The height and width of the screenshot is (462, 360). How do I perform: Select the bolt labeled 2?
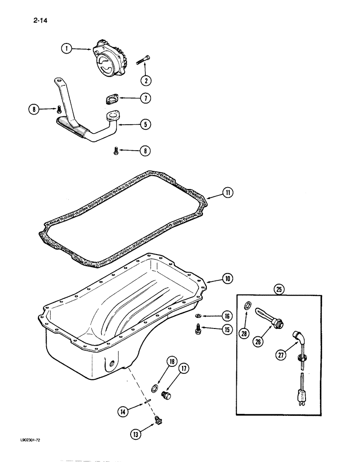[x=143, y=61]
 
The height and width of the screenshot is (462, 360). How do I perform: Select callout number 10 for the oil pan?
[x=227, y=279]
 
